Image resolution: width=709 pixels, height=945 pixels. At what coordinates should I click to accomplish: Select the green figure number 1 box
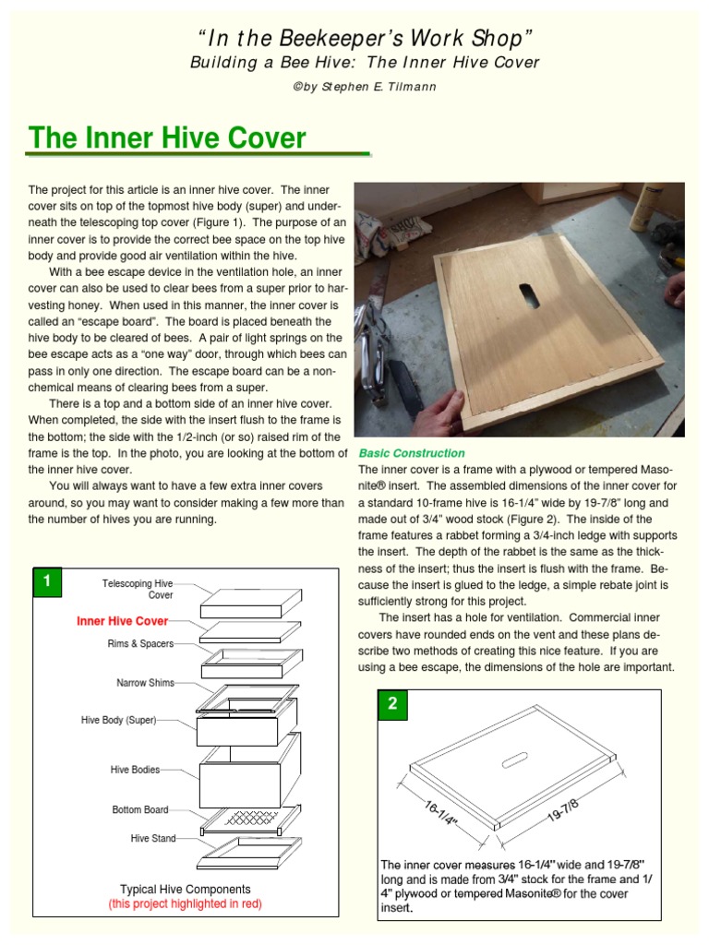pyautogui.click(x=46, y=582)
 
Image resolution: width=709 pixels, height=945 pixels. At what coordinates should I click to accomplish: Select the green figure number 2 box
pyautogui.click(x=392, y=704)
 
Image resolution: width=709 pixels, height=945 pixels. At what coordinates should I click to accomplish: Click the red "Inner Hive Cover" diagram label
pyautogui.click(x=122, y=622)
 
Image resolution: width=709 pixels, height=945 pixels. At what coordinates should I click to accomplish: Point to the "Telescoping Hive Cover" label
pyautogui.click(x=137, y=590)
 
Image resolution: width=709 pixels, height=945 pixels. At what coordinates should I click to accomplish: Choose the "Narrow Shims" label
pyautogui.click(x=144, y=684)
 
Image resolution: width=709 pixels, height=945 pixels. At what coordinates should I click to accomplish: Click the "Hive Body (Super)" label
pyautogui.click(x=119, y=719)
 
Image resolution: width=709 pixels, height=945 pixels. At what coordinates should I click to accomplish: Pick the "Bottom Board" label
pyautogui.click(x=140, y=809)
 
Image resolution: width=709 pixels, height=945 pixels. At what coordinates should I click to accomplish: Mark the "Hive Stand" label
pyautogui.click(x=152, y=838)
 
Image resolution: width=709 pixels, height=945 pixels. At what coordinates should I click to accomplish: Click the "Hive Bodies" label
pyautogui.click(x=135, y=769)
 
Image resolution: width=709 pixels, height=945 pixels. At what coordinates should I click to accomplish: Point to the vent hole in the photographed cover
pyautogui.click(x=529, y=294)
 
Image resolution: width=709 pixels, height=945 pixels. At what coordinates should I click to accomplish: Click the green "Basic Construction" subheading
pyautogui.click(x=412, y=453)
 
